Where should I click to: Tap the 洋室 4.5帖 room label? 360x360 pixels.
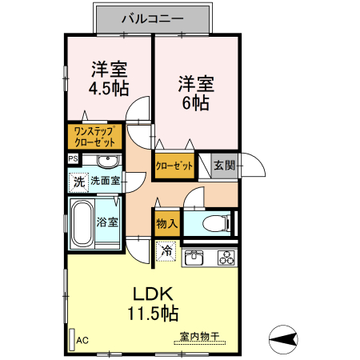[110, 78]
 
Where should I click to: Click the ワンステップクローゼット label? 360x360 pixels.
[96, 136]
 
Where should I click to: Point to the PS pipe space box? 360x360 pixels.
[74, 159]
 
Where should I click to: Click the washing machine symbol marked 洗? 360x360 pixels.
[78, 182]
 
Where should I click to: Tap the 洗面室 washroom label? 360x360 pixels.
[106, 182]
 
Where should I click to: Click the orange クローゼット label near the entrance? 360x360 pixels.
[174, 166]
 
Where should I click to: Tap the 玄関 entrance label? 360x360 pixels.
[224, 166]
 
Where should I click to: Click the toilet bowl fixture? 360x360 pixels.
[215, 222]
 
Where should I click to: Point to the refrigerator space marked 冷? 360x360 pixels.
[166, 252]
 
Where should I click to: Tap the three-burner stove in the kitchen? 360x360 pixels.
[226, 258]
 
